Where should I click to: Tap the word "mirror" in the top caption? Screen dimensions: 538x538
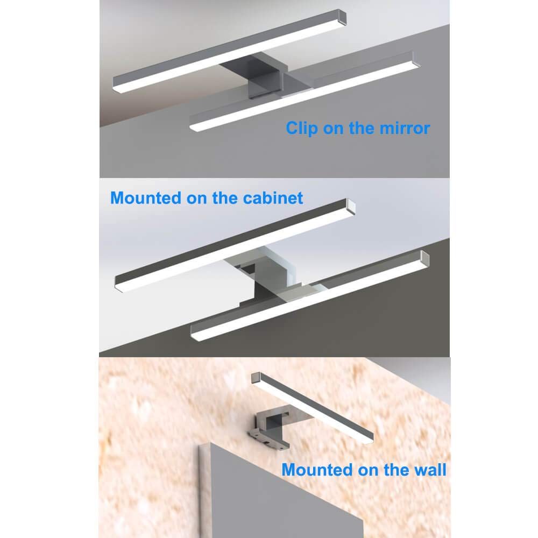click(405, 129)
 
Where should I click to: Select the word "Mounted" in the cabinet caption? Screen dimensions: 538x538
click(146, 198)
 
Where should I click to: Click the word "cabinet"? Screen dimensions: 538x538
click(273, 198)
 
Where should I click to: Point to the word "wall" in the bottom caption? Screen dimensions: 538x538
click(430, 470)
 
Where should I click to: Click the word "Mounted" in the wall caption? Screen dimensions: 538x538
click(317, 470)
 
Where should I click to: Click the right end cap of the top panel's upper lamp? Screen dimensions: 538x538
click(342, 17)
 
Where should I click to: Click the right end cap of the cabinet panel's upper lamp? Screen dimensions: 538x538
click(351, 207)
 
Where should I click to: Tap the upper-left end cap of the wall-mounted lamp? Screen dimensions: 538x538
click(257, 378)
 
